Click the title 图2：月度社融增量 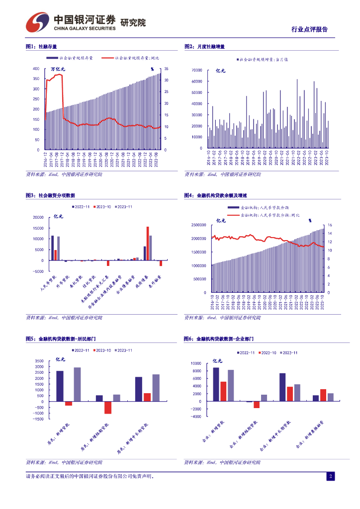204,47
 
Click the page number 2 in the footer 330,477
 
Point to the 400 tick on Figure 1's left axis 36,69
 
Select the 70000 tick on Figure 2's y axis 196,71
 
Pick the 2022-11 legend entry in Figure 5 79,351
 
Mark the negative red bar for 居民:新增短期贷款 107,407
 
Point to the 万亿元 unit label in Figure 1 58,69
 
